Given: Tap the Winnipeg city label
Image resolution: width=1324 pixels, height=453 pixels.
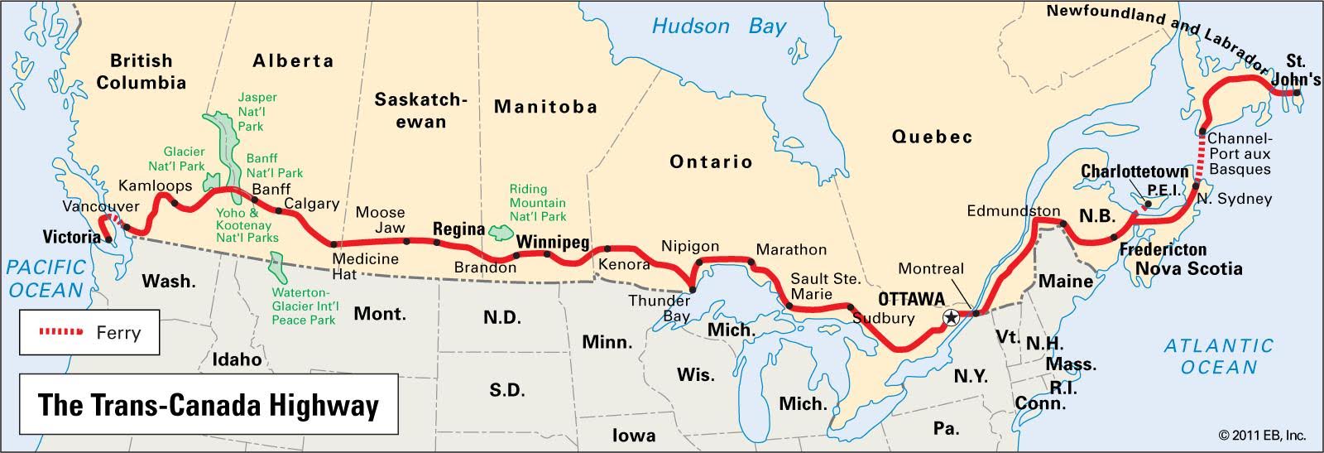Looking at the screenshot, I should (553, 242).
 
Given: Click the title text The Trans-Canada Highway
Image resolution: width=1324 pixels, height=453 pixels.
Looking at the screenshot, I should (209, 405).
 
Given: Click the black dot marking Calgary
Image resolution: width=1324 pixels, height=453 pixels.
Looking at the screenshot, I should (279, 210).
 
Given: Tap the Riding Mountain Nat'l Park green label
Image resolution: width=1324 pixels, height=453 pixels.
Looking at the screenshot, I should (538, 203).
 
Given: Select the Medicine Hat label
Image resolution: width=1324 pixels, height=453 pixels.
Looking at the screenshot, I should (365, 266).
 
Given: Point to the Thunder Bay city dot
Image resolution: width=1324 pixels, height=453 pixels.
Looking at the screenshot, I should (693, 290).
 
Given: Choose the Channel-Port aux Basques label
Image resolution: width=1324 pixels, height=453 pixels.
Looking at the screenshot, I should (1239, 154).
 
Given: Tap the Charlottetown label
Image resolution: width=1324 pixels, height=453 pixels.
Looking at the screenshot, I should (1135, 171).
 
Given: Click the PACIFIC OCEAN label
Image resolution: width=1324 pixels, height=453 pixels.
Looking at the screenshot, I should (46, 278).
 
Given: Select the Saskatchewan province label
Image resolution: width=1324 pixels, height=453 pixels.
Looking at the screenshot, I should (420, 110).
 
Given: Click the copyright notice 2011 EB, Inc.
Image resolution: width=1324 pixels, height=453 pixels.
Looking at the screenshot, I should (1261, 435).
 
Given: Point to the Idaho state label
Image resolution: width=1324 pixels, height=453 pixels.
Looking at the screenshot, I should (237, 359).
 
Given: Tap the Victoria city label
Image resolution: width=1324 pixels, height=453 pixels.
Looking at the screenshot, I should (71, 238).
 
